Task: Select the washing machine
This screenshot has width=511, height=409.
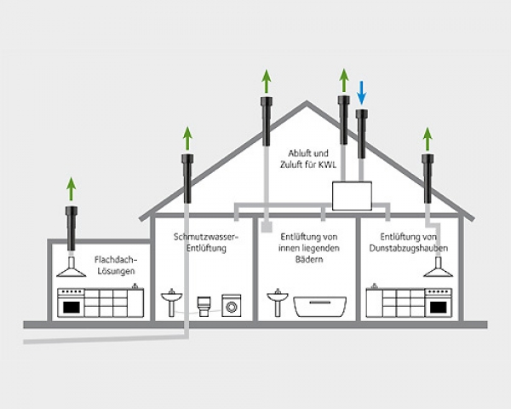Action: coord(231,306)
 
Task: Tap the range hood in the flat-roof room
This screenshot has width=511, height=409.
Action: coord(72,270)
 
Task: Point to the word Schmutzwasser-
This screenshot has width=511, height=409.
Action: coord(205,236)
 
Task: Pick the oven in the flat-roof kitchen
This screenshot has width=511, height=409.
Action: coord(71,304)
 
